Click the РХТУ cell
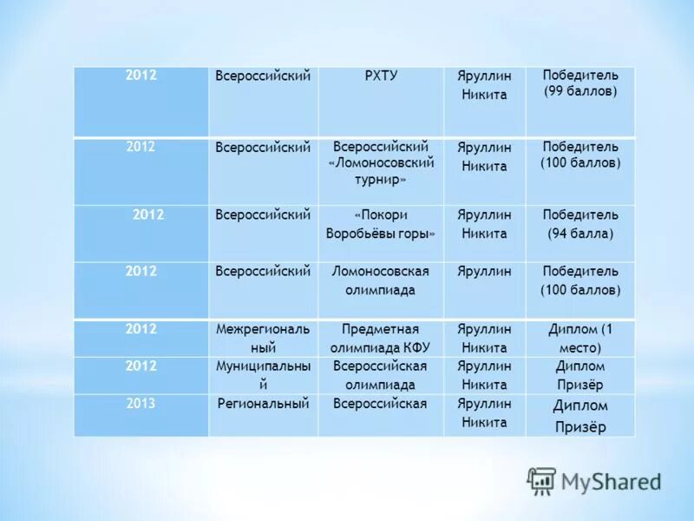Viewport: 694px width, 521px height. pyautogui.click(x=381, y=76)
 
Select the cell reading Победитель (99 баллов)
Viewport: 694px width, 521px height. pyautogui.click(x=580, y=84)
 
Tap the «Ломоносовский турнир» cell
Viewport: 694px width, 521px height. pyautogui.click(x=381, y=163)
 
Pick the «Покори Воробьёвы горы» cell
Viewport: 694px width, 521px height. pyautogui.click(x=381, y=224)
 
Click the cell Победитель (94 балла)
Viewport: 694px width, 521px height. pyautogui.click(x=580, y=224)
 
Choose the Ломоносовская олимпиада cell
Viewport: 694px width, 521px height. pyautogui.click(x=381, y=280)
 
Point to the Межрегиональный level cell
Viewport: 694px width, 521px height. pyautogui.click(x=263, y=338)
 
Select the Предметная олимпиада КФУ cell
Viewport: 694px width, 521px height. pyautogui.click(x=381, y=338)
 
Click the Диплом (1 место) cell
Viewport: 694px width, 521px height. pyautogui.click(x=580, y=338)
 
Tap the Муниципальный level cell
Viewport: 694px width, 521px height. pyautogui.click(x=263, y=375)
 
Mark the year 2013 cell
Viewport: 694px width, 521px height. pyautogui.click(x=141, y=404)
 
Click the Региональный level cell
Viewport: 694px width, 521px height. pyautogui.click(x=263, y=404)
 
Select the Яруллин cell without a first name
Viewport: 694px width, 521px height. pyautogui.click(x=484, y=272)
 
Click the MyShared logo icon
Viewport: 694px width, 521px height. pyautogui.click(x=541, y=481)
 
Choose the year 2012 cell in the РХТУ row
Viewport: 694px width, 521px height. pyautogui.click(x=141, y=76)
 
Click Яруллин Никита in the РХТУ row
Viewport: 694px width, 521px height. pyautogui.click(x=484, y=85)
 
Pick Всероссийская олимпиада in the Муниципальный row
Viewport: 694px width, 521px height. pyautogui.click(x=381, y=375)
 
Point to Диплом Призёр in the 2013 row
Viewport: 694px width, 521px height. pyautogui.click(x=580, y=415)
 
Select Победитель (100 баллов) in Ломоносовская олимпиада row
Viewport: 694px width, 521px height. pyautogui.click(x=580, y=280)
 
